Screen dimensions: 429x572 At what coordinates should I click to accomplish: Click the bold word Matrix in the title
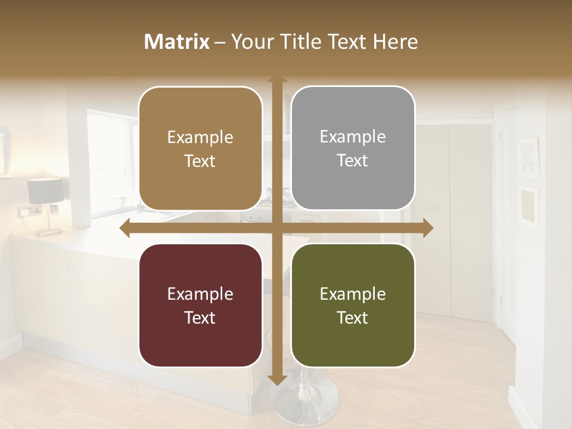(x=177, y=42)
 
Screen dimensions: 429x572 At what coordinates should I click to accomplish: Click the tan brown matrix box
(x=200, y=149)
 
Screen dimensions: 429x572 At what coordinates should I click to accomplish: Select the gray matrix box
(x=353, y=148)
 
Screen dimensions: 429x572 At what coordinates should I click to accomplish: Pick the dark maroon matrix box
(x=200, y=306)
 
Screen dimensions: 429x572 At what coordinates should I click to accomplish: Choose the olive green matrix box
(x=353, y=306)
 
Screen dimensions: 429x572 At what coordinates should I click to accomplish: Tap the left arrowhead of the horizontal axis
(x=125, y=228)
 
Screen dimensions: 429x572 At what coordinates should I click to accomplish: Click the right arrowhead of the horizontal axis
(x=427, y=228)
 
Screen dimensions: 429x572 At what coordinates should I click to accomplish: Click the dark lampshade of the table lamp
(x=45, y=191)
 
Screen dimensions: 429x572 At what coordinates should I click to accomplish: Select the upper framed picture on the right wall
(x=528, y=156)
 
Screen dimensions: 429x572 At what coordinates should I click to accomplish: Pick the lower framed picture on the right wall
(x=529, y=206)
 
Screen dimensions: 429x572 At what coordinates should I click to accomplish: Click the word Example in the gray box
(x=353, y=137)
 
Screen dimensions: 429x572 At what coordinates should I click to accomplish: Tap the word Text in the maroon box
(x=200, y=318)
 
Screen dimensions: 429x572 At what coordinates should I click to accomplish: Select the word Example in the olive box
(x=353, y=294)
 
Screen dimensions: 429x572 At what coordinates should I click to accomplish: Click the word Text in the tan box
(x=200, y=161)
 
